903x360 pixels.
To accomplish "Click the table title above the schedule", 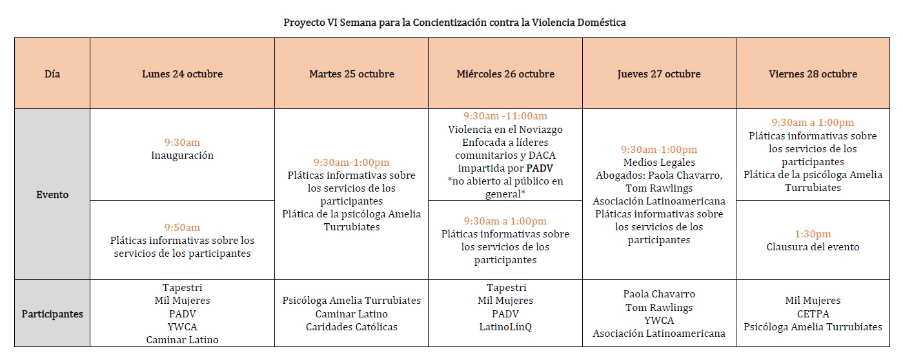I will tap(454, 23).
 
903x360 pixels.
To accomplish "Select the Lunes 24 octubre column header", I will tap(182, 74).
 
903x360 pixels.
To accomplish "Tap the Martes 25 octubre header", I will tap(351, 74).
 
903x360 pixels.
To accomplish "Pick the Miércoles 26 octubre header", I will tap(505, 74).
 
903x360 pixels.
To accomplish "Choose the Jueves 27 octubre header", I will tap(658, 74).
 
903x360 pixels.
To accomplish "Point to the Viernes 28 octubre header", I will tap(813, 74).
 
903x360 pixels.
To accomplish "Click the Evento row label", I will tap(53, 194).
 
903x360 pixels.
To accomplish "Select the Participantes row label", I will tap(53, 314).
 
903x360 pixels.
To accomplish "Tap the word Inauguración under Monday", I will tap(182, 155).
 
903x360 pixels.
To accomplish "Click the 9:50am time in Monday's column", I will tap(182, 227).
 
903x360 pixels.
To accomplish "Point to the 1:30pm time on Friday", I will tap(813, 234).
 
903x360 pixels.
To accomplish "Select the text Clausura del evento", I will tap(813, 247).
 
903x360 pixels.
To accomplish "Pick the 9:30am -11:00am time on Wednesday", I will tap(505, 116).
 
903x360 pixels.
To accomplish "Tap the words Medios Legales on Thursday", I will tap(658, 163).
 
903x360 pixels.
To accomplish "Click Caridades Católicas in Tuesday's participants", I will tap(351, 327).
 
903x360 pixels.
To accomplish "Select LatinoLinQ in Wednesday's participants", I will tap(505, 327).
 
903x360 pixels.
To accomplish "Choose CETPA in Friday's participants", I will tap(813, 314).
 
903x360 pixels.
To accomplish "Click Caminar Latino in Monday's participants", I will tap(182, 340).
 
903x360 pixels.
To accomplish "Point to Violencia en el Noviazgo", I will tap(505, 129).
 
